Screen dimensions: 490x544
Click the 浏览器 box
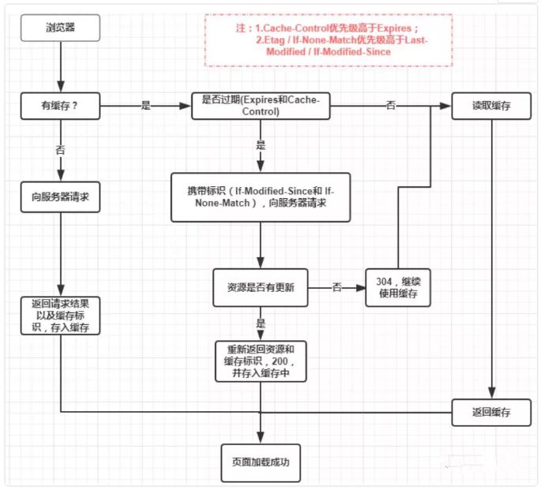61,30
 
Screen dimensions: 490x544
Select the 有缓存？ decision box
61,106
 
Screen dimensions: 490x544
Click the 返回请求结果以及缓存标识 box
61,316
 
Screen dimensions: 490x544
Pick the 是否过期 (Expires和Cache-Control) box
261,106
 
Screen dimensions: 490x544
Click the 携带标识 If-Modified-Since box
261,198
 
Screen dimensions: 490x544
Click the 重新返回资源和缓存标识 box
261,361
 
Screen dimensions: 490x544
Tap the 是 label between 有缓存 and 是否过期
145,106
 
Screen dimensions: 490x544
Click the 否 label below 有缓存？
61,148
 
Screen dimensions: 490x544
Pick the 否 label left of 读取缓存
391,106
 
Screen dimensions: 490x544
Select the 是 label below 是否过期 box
261,145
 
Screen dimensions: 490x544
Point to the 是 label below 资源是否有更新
261,324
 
